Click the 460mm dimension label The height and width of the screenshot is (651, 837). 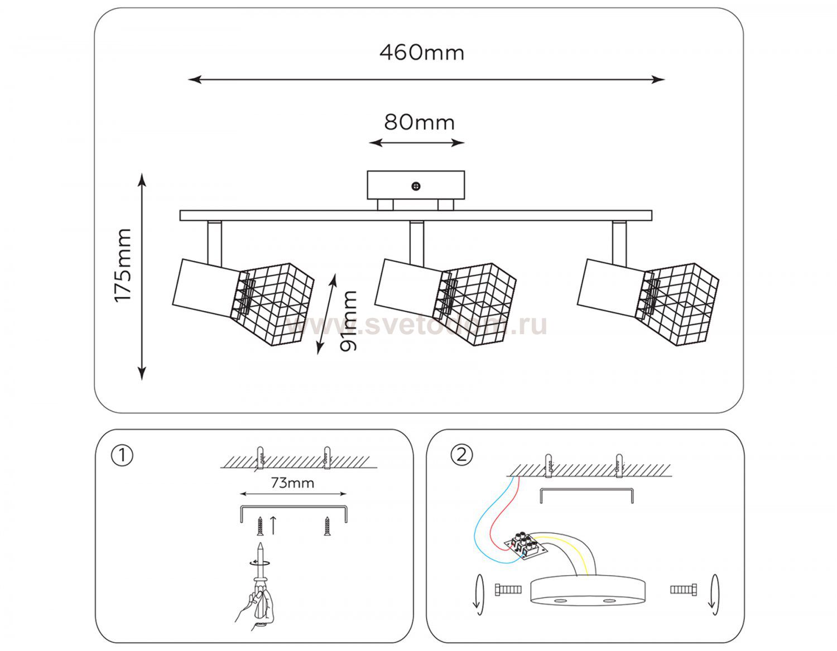tap(422, 52)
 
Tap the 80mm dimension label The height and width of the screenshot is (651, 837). tap(419, 122)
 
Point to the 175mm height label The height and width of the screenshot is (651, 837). tap(123, 265)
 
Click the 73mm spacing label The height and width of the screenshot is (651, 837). tap(292, 483)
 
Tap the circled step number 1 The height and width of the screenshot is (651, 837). tap(122, 455)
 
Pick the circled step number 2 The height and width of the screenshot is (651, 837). tap(461, 455)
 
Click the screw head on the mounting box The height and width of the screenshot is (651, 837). tap(416, 186)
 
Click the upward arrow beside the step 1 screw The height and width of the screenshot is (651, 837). tap(273, 525)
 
